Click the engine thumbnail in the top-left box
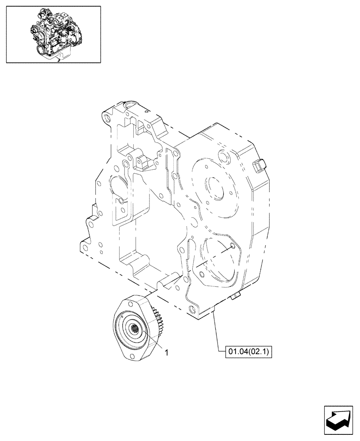coord(53,34)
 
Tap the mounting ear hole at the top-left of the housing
coord(106,118)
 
